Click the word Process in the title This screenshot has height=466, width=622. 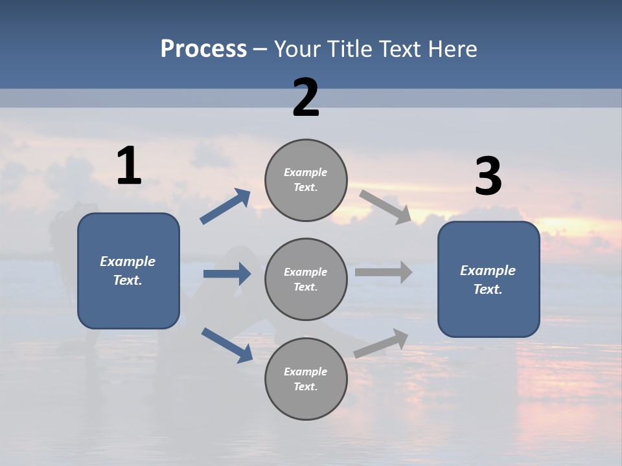point(203,49)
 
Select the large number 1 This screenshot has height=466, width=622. point(129,166)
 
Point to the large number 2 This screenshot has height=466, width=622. point(306,98)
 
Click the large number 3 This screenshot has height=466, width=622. point(488,176)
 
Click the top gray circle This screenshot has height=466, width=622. point(306,180)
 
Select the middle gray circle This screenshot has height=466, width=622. point(306,279)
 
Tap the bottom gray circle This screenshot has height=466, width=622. point(306,379)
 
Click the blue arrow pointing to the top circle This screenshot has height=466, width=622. point(225,206)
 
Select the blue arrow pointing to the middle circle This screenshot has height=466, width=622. point(227,274)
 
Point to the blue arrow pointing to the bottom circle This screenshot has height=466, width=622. point(227,344)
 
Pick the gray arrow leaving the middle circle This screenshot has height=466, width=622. point(384,272)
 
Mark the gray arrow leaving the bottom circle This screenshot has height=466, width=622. point(381,343)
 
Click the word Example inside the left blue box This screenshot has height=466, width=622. point(128,261)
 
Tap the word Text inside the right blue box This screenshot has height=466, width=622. point(487,289)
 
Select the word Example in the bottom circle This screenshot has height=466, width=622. point(305,372)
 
